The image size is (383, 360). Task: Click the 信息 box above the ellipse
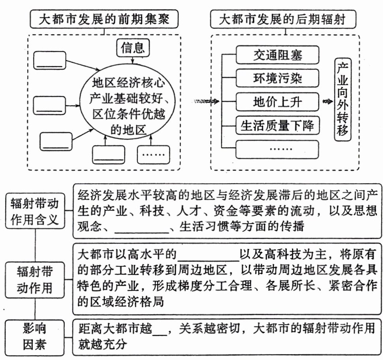coord(133,48)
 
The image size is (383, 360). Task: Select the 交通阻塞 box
coord(277,54)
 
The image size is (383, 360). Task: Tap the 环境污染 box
coord(277,78)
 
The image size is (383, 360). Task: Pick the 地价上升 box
coord(277,102)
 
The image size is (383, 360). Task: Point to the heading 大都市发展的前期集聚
coord(103,19)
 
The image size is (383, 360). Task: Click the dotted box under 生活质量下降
coord(277,149)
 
